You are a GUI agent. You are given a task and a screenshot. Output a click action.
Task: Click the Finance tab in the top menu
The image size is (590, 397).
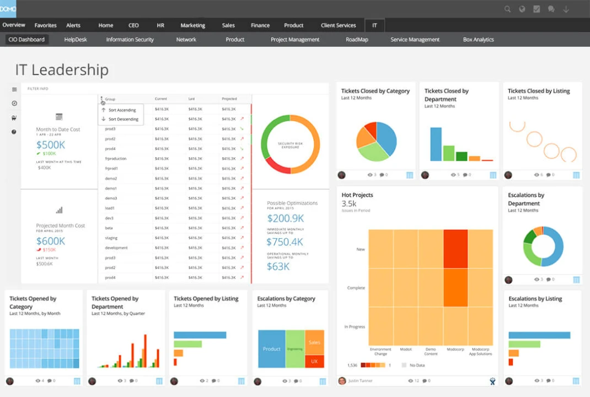click(x=260, y=25)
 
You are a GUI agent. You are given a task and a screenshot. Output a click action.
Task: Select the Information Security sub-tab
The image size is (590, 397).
click(x=130, y=40)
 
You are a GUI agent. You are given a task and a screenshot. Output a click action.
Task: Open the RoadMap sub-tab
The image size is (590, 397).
click(x=357, y=40)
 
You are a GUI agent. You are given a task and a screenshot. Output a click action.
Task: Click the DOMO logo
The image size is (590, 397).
click(x=8, y=9)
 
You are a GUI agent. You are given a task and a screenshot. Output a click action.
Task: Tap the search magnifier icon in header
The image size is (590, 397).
click(x=507, y=9)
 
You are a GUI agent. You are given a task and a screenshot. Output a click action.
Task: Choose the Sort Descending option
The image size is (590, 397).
click(x=123, y=119)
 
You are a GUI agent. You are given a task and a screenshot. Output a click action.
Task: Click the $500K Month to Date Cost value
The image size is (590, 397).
click(x=51, y=145)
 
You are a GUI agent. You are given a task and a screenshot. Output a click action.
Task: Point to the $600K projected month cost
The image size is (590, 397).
click(x=51, y=241)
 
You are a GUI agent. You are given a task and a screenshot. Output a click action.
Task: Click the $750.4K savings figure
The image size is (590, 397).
click(x=285, y=242)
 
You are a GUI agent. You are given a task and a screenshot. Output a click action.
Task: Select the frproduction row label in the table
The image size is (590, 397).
click(x=116, y=158)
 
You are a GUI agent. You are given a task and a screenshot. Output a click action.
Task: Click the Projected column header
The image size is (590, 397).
click(x=229, y=99)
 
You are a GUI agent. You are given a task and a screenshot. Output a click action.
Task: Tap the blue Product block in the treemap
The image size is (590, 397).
click(x=271, y=349)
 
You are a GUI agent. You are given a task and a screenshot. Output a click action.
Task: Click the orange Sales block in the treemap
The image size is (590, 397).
click(x=314, y=342)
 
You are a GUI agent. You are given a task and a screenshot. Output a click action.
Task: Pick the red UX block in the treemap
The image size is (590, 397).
click(x=314, y=361)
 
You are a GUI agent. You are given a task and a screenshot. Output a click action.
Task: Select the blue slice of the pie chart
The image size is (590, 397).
click(x=386, y=138)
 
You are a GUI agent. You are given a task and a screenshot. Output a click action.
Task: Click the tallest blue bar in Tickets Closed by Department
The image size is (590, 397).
click(x=436, y=144)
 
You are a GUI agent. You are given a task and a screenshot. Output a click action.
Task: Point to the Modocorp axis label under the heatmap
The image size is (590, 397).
click(x=455, y=349)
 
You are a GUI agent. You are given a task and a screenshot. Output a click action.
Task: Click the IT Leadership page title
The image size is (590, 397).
click(x=62, y=70)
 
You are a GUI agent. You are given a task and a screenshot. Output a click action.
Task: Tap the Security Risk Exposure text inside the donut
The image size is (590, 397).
click(x=290, y=144)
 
